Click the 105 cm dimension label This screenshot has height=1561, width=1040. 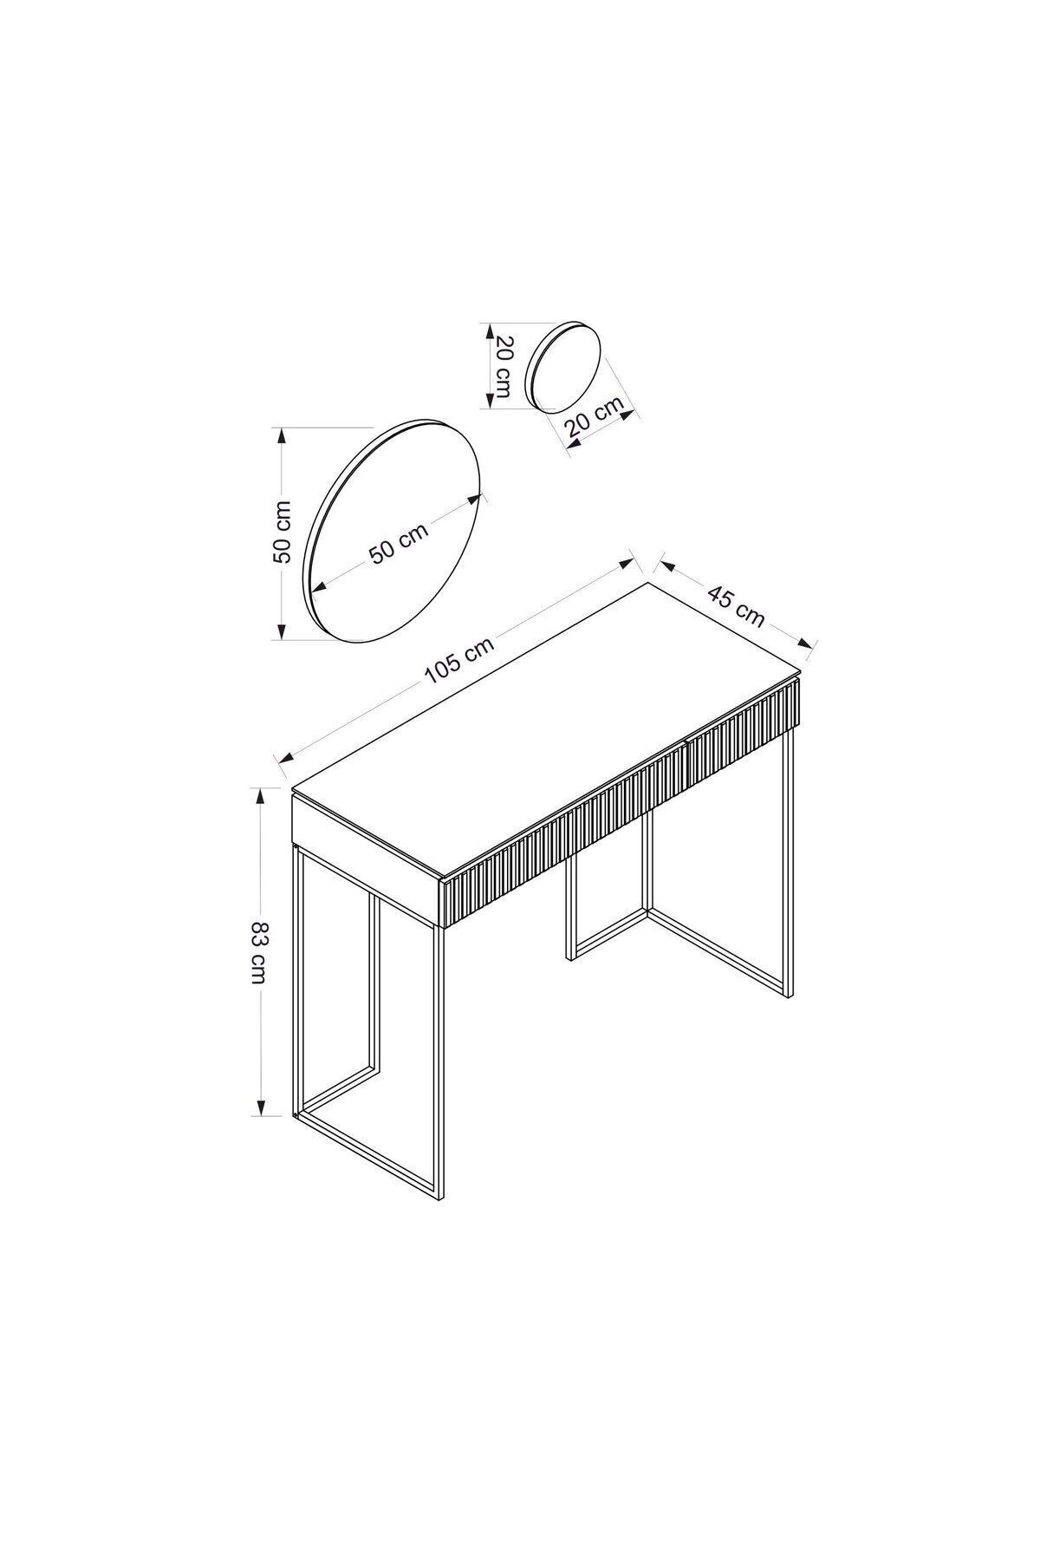(459, 661)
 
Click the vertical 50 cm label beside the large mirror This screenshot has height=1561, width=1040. (283, 532)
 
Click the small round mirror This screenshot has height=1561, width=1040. (564, 366)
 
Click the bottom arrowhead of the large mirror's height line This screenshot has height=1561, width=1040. (280, 630)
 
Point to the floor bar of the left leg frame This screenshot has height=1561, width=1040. (369, 1157)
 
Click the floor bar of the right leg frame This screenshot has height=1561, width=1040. (718, 954)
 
